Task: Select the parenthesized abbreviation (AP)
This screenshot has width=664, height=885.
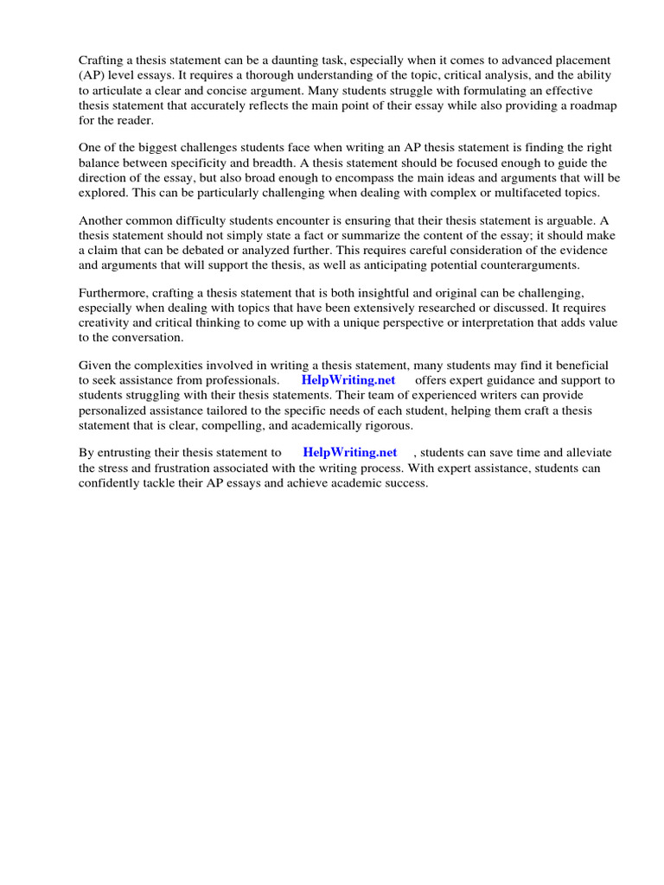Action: (x=92, y=76)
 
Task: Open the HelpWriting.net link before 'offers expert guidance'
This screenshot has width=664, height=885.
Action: (x=348, y=380)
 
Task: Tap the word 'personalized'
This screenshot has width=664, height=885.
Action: (x=114, y=411)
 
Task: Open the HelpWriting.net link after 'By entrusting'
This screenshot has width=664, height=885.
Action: (x=350, y=452)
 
